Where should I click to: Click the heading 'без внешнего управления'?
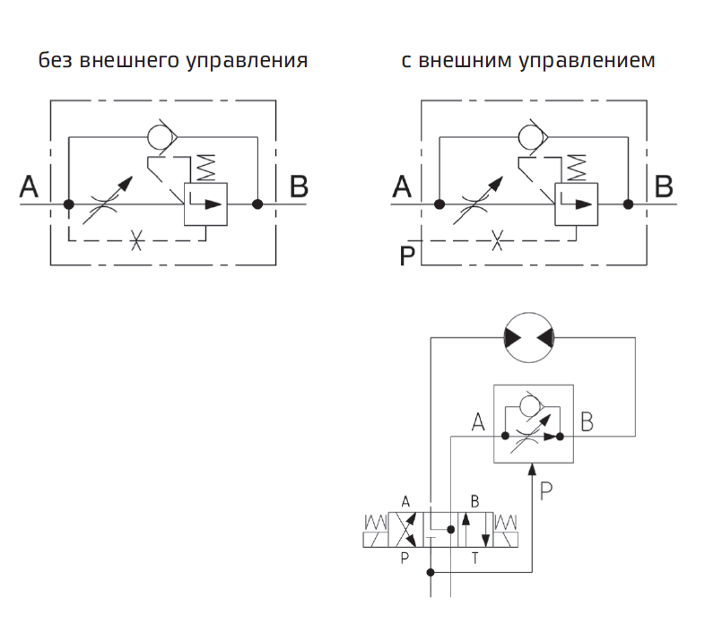point(173,61)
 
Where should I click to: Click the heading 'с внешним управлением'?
point(528,61)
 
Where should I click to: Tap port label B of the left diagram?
point(299,187)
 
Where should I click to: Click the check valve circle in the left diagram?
point(161,137)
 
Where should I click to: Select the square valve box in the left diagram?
point(205,203)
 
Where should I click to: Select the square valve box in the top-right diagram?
point(577,203)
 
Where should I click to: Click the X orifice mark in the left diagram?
point(136,240)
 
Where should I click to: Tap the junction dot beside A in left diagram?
point(68,204)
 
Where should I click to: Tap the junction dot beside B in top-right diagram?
point(629,204)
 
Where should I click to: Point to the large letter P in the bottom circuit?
point(547,489)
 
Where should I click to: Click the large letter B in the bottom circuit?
point(587,421)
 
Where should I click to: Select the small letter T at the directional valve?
point(474,557)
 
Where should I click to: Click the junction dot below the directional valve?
point(431,572)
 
